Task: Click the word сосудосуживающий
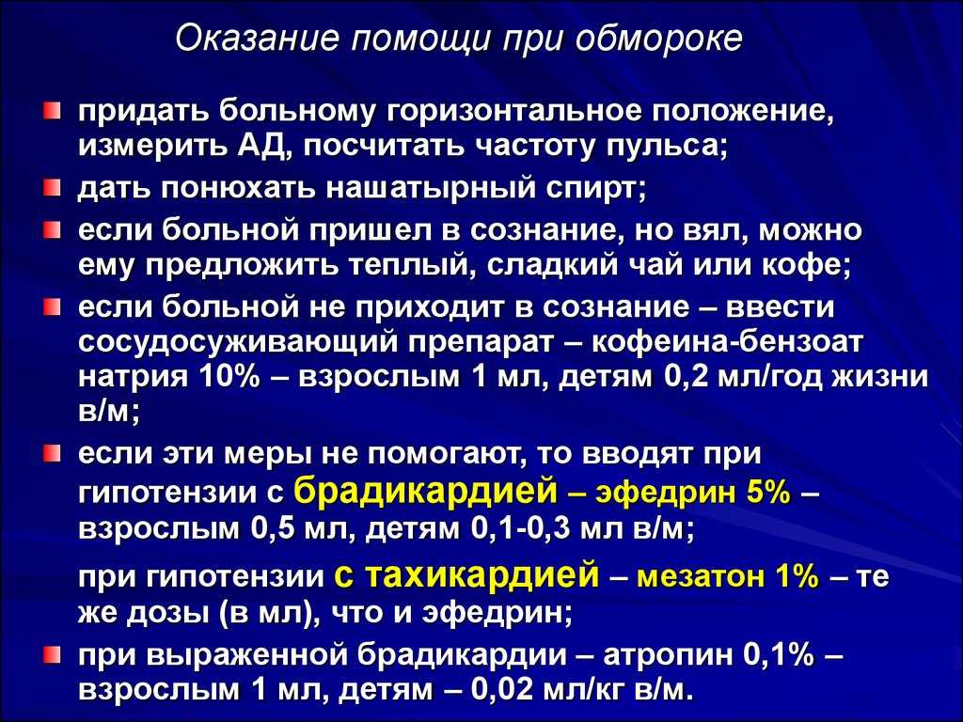239,342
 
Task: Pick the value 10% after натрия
228,376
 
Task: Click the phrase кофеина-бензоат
727,341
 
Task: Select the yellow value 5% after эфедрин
768,493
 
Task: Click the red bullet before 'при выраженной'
53,655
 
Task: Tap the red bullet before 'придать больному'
53,111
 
